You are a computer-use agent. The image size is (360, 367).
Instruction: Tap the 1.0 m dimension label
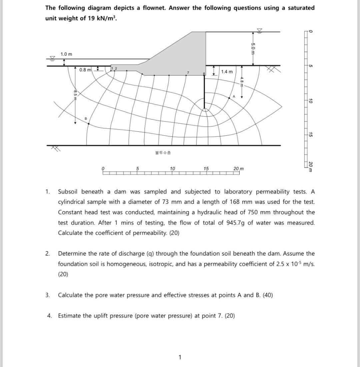coord(66,54)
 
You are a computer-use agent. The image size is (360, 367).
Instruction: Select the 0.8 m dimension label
coord(85,70)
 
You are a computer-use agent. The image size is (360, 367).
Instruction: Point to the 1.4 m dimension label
coord(227,72)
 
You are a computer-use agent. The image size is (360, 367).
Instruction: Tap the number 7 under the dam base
coord(188,72)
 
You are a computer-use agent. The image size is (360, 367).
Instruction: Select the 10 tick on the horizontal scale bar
coord(172,168)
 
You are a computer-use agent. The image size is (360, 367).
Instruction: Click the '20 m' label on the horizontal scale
coord(239,168)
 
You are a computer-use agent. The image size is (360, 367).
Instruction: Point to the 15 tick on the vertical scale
coord(310,134)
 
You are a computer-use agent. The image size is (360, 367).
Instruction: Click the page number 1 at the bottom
coord(180,357)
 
